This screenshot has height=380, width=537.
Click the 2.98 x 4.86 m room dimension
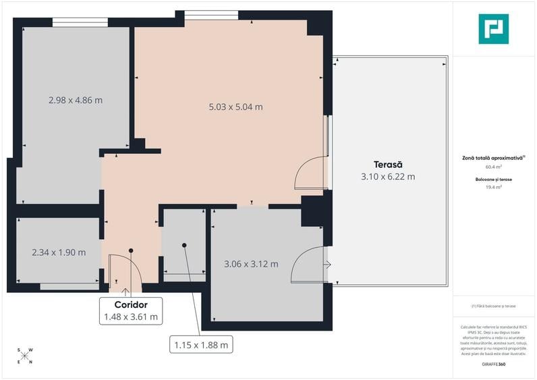[76, 101]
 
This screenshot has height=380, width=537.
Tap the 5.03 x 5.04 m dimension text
[235, 107]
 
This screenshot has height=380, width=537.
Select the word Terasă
[388, 165]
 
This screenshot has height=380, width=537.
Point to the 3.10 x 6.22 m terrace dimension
[388, 177]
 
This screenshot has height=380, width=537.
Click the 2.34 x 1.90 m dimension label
[59, 253]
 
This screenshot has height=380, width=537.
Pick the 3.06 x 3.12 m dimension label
[251, 264]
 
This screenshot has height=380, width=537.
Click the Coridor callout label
[131, 305]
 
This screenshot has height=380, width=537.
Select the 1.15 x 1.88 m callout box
[200, 344]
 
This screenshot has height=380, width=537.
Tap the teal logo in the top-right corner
[493, 29]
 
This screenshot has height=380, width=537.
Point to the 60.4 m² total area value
[493, 167]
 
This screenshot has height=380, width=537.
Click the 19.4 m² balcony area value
[493, 188]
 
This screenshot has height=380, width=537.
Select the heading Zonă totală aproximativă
[492, 157]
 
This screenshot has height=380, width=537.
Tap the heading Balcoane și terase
[493, 179]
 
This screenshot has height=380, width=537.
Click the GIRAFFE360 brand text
[494, 364]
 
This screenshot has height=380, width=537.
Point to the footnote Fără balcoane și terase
[493, 306]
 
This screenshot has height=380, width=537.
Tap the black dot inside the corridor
[132, 250]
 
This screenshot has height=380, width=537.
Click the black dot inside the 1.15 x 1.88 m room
[183, 246]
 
